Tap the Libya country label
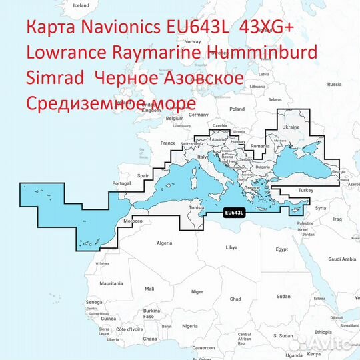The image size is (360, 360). [231, 247]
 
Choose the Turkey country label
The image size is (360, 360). [305, 190]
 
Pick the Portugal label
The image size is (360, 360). [121, 183]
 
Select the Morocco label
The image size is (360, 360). [134, 221]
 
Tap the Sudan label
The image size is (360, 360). [284, 296]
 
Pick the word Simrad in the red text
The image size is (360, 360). [53, 79]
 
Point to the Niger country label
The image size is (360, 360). [196, 291]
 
